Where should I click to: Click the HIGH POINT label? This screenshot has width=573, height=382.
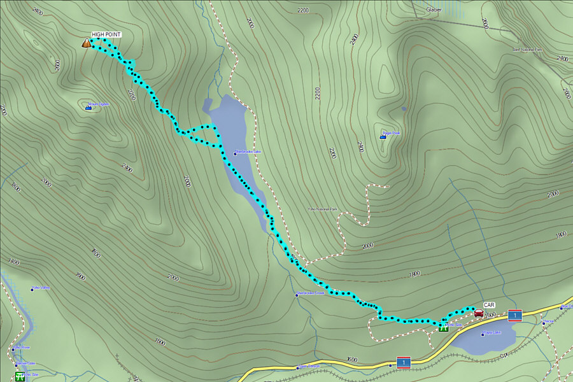106,34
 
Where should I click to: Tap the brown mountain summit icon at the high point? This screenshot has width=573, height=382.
85,43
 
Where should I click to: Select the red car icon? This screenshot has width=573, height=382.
478,313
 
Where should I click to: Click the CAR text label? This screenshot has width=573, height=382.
489,305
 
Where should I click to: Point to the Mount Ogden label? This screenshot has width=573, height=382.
99,104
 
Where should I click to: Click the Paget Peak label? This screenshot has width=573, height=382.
392,134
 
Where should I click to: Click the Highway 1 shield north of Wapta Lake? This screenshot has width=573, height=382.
515,315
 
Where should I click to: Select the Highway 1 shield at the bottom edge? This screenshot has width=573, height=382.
402,362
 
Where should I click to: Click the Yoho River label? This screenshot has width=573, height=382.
22,348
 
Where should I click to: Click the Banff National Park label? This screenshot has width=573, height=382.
527,49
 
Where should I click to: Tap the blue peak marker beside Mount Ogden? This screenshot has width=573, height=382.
88,108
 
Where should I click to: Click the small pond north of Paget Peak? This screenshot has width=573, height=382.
404,109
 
